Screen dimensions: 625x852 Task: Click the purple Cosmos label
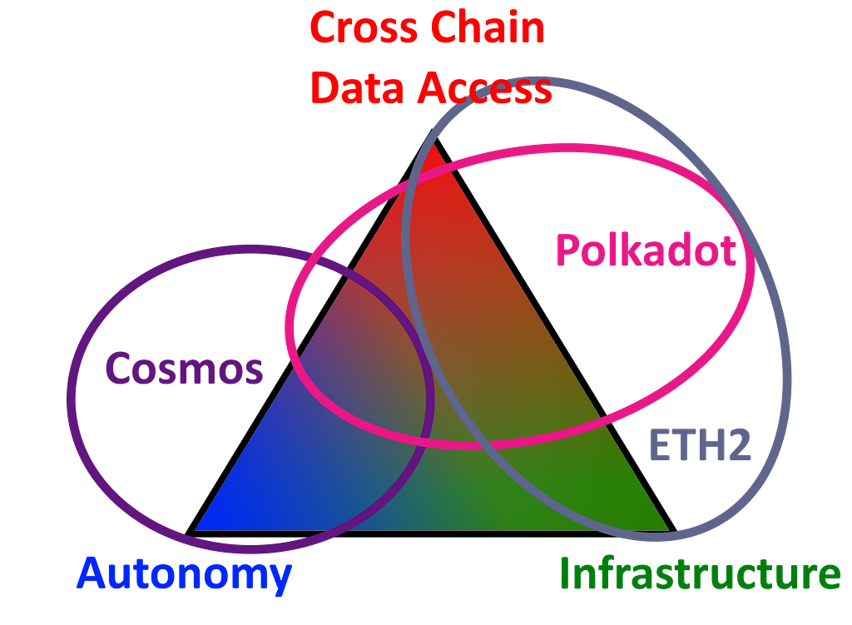click(x=184, y=368)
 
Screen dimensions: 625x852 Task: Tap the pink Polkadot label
click(x=646, y=250)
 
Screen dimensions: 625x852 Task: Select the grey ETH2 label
click(x=701, y=445)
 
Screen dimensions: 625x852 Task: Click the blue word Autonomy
click(x=185, y=575)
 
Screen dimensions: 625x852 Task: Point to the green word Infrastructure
click(x=700, y=574)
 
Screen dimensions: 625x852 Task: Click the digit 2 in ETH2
click(x=740, y=445)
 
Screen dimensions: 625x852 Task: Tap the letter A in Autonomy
click(x=92, y=573)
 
